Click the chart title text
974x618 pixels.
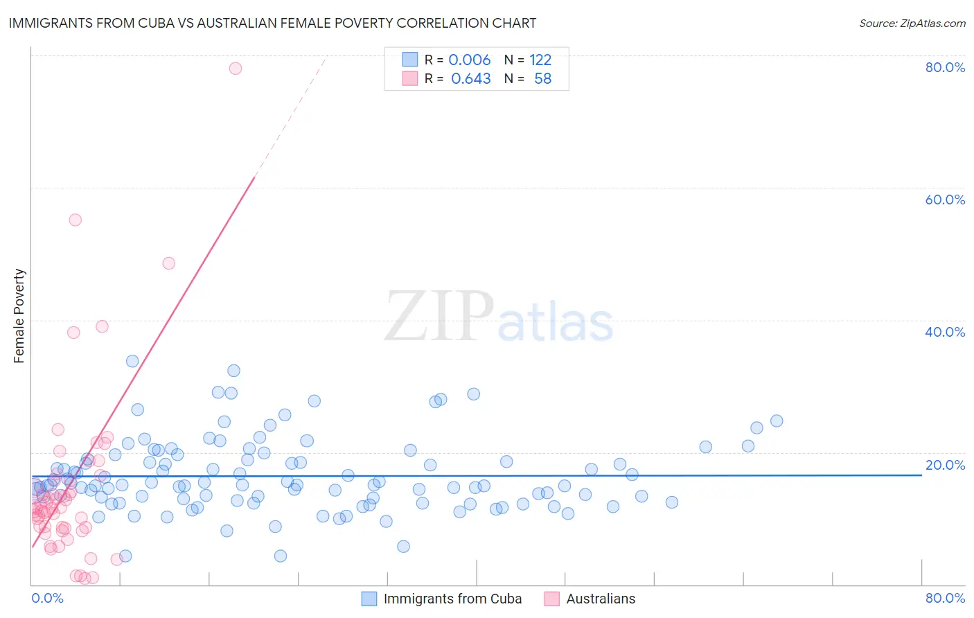[x=272, y=24]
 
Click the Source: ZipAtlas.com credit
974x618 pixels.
[x=912, y=24]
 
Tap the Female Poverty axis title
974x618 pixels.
[x=19, y=316]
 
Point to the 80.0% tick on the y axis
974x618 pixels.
[x=945, y=67]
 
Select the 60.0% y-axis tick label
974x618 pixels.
[x=945, y=200]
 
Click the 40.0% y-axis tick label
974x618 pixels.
[x=945, y=332]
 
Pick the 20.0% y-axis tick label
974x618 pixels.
[x=945, y=465]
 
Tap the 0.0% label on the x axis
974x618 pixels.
[x=47, y=598]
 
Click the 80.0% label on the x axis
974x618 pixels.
[x=945, y=598]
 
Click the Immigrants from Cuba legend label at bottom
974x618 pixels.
[x=452, y=599]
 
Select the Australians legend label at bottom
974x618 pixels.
[x=601, y=599]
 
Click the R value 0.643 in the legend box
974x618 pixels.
[x=470, y=79]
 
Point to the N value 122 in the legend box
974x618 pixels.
[x=540, y=60]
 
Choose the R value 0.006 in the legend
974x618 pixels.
[x=469, y=60]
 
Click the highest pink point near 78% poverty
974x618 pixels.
[x=236, y=68]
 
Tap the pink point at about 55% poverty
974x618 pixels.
[x=76, y=220]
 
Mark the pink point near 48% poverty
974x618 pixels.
[x=168, y=263]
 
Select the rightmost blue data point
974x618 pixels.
[x=777, y=421]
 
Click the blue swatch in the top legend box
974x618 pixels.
[x=410, y=60]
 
